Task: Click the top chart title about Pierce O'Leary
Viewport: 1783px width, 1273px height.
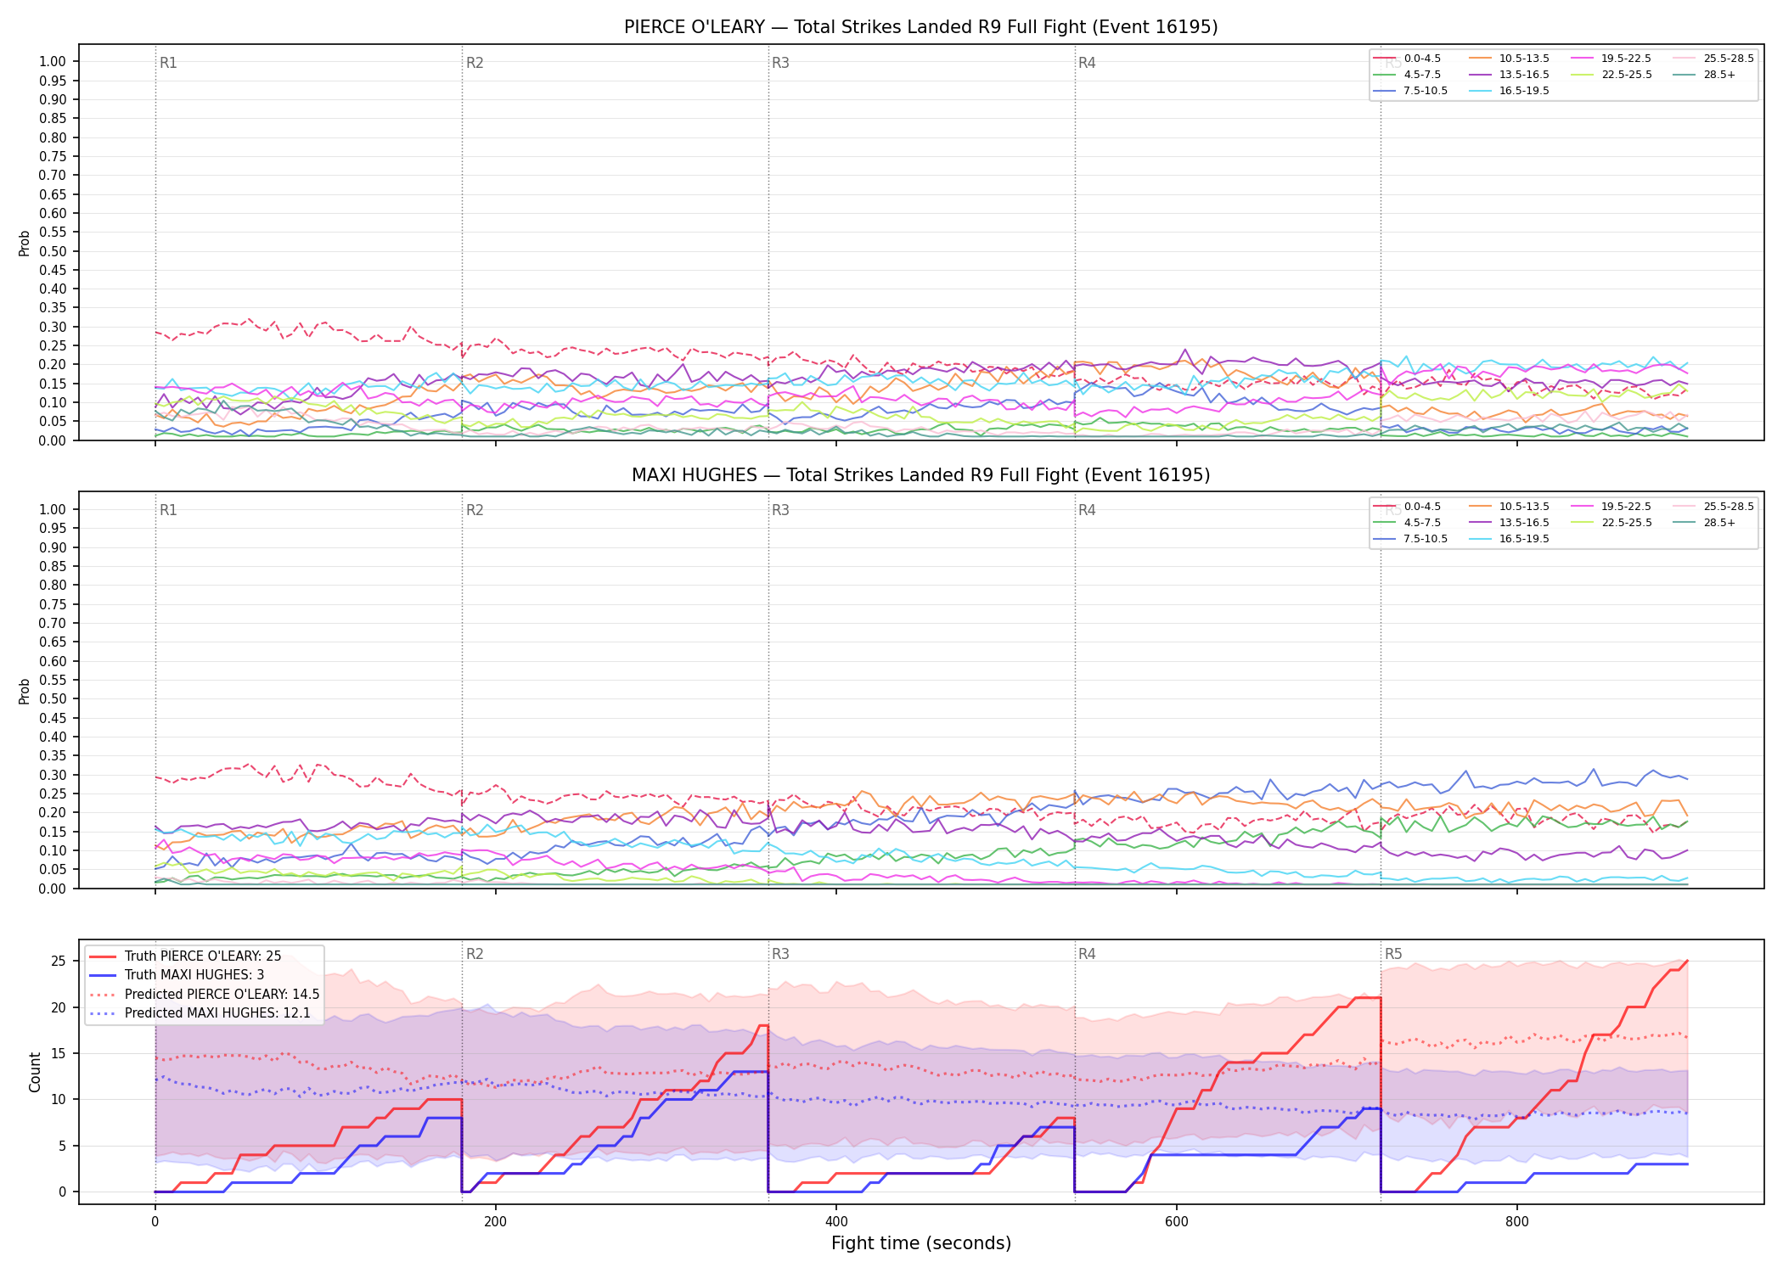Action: click(920, 27)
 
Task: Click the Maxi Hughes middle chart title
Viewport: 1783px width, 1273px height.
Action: click(920, 475)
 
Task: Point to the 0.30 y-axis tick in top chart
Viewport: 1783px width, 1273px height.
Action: click(53, 327)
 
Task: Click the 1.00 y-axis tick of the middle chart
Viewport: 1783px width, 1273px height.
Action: click(53, 509)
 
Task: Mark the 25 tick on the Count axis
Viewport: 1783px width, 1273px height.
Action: click(59, 962)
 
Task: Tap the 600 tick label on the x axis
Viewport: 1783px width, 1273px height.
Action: click(1177, 1222)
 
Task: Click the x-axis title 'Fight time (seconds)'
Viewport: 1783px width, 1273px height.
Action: click(921, 1243)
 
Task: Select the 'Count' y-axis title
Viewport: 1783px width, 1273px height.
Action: click(35, 1072)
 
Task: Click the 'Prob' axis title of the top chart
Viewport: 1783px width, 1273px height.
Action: click(25, 243)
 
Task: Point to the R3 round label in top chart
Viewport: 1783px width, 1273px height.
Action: click(780, 63)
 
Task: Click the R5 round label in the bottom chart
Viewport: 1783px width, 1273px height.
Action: click(1393, 954)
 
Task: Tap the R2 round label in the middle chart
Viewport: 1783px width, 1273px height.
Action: click(475, 510)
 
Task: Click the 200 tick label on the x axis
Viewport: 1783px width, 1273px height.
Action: click(495, 1222)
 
